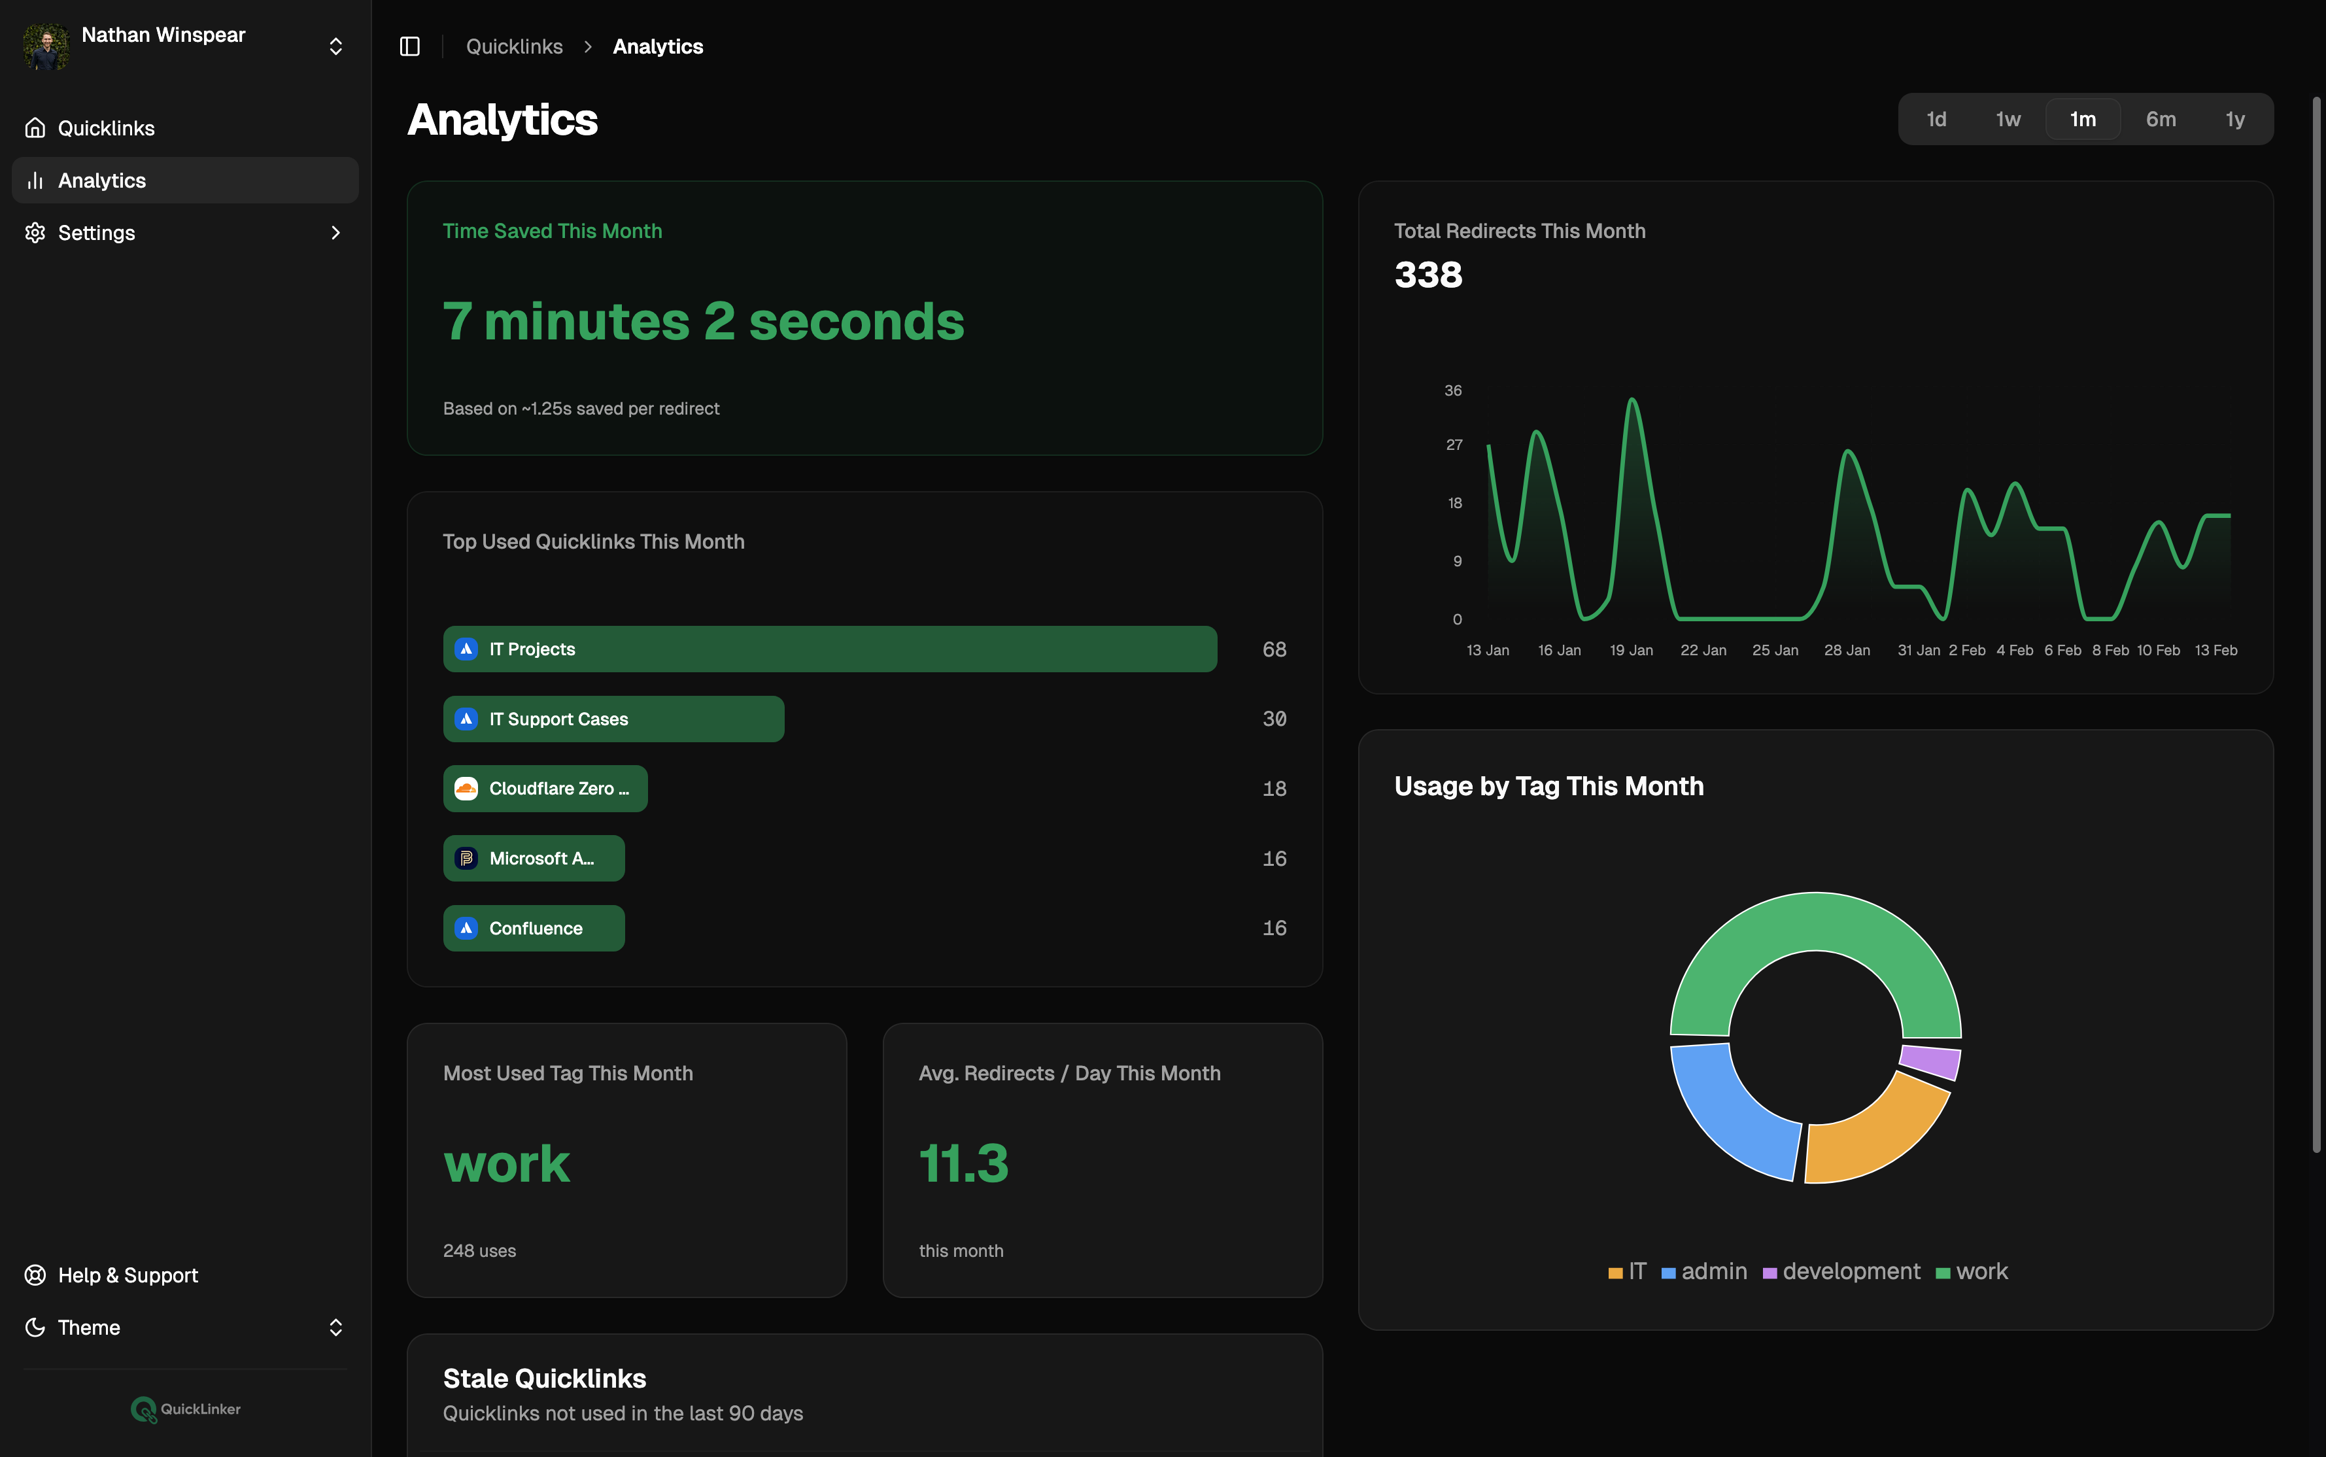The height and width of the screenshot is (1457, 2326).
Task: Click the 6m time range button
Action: coord(2161,120)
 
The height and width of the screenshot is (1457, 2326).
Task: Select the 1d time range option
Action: coord(1936,120)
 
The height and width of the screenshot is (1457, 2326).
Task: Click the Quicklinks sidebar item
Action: coord(106,128)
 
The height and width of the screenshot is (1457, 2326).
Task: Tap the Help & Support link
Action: coord(128,1275)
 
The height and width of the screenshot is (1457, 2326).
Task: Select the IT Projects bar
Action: coord(829,649)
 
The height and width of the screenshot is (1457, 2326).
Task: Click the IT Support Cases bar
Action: coord(613,719)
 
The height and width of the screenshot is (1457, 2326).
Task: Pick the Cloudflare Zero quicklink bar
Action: coord(545,788)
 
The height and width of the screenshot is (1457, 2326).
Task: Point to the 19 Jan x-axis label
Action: coord(1630,651)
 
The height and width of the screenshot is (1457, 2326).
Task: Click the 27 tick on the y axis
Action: coord(1454,445)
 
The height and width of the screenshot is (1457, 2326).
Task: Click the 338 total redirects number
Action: coord(1428,275)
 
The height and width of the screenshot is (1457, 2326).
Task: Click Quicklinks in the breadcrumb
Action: coord(513,46)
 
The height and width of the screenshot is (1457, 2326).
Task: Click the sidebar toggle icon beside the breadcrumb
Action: coord(409,46)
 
